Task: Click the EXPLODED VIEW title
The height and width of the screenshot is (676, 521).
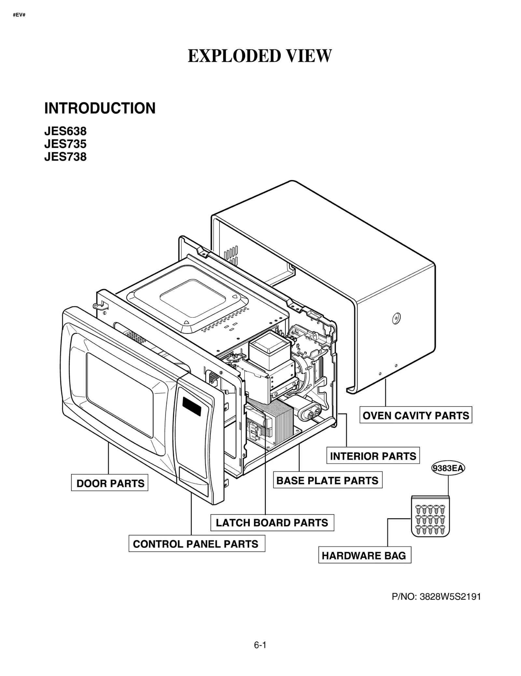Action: tap(260, 56)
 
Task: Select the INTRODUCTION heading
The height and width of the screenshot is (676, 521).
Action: tap(100, 108)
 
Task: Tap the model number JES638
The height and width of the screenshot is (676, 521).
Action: tap(65, 131)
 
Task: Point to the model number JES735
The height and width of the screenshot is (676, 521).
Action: tap(65, 144)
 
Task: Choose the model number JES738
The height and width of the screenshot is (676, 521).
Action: tap(65, 157)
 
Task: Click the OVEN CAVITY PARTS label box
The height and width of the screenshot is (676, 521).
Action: tap(415, 415)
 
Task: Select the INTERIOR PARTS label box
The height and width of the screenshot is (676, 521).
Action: tap(373, 456)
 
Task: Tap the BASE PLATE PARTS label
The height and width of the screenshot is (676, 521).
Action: tap(327, 480)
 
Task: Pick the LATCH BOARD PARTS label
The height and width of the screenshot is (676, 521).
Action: tap(272, 522)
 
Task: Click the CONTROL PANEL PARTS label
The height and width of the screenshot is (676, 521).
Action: tap(196, 544)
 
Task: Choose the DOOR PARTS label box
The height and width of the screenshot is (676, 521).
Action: tap(110, 483)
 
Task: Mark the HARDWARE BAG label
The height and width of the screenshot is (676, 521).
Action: tap(364, 555)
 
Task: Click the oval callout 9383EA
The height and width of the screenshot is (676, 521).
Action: tap(448, 468)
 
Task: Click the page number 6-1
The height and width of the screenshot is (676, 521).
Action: tap(260, 645)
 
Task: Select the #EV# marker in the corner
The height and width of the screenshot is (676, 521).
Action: tap(19, 15)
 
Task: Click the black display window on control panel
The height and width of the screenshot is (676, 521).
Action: tap(192, 407)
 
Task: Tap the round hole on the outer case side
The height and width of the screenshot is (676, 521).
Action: tap(396, 318)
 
